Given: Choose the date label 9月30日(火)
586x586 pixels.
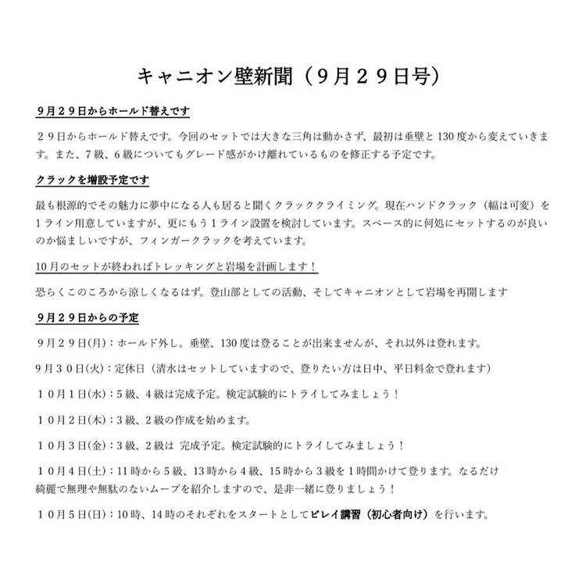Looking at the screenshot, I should click(73, 368).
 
